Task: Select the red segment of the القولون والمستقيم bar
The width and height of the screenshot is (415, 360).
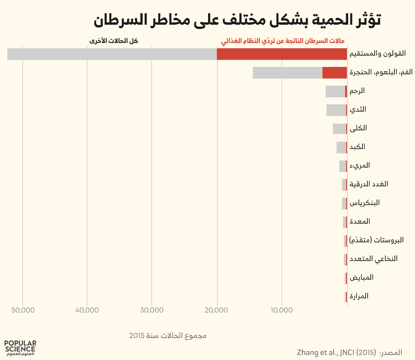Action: pyautogui.click(x=282, y=54)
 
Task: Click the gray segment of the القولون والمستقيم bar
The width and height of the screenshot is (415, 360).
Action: pyautogui.click(x=112, y=54)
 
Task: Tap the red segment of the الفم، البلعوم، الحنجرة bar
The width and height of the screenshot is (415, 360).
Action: pyautogui.click(x=334, y=73)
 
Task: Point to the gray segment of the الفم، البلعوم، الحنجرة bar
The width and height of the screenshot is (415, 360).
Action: pyautogui.click(x=287, y=73)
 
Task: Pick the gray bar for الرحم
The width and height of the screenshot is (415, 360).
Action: pyautogui.click(x=335, y=91)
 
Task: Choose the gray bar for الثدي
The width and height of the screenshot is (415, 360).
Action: pyautogui.click(x=336, y=110)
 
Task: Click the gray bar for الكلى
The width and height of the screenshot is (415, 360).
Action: pyautogui.click(x=339, y=129)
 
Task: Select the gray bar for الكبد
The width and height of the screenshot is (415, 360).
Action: pyautogui.click(x=341, y=148)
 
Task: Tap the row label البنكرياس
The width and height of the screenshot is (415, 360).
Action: pyautogui.click(x=365, y=203)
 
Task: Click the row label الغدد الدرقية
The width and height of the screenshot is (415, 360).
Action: pyautogui.click(x=369, y=184)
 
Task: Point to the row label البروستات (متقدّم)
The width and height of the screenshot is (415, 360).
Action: pyautogui.click(x=376, y=240)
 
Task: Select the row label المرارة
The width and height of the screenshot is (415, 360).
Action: pyautogui.click(x=359, y=296)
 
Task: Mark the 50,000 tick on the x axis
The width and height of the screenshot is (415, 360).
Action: pyautogui.click(x=23, y=310)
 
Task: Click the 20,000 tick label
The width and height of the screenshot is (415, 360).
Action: pyautogui.click(x=217, y=310)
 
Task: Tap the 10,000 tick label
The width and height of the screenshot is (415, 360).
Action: pyautogui.click(x=282, y=310)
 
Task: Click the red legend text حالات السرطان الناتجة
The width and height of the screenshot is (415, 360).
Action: pyautogui.click(x=283, y=41)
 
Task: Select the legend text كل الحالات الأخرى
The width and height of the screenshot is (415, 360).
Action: pyautogui.click(x=114, y=41)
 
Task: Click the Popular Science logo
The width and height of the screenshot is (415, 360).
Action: pyautogui.click(x=20, y=348)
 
